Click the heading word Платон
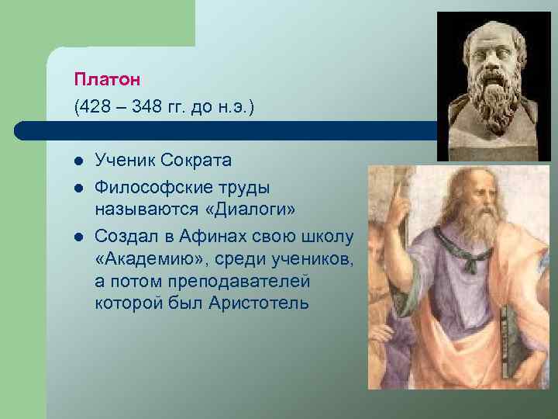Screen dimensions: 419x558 [x=104, y=79]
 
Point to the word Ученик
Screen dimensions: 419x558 [x=126, y=161]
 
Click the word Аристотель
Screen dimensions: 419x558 [x=258, y=302]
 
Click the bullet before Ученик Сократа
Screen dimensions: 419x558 [x=78, y=161]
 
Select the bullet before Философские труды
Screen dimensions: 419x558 [x=78, y=188]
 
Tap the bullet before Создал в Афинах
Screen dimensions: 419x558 [x=78, y=236]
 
